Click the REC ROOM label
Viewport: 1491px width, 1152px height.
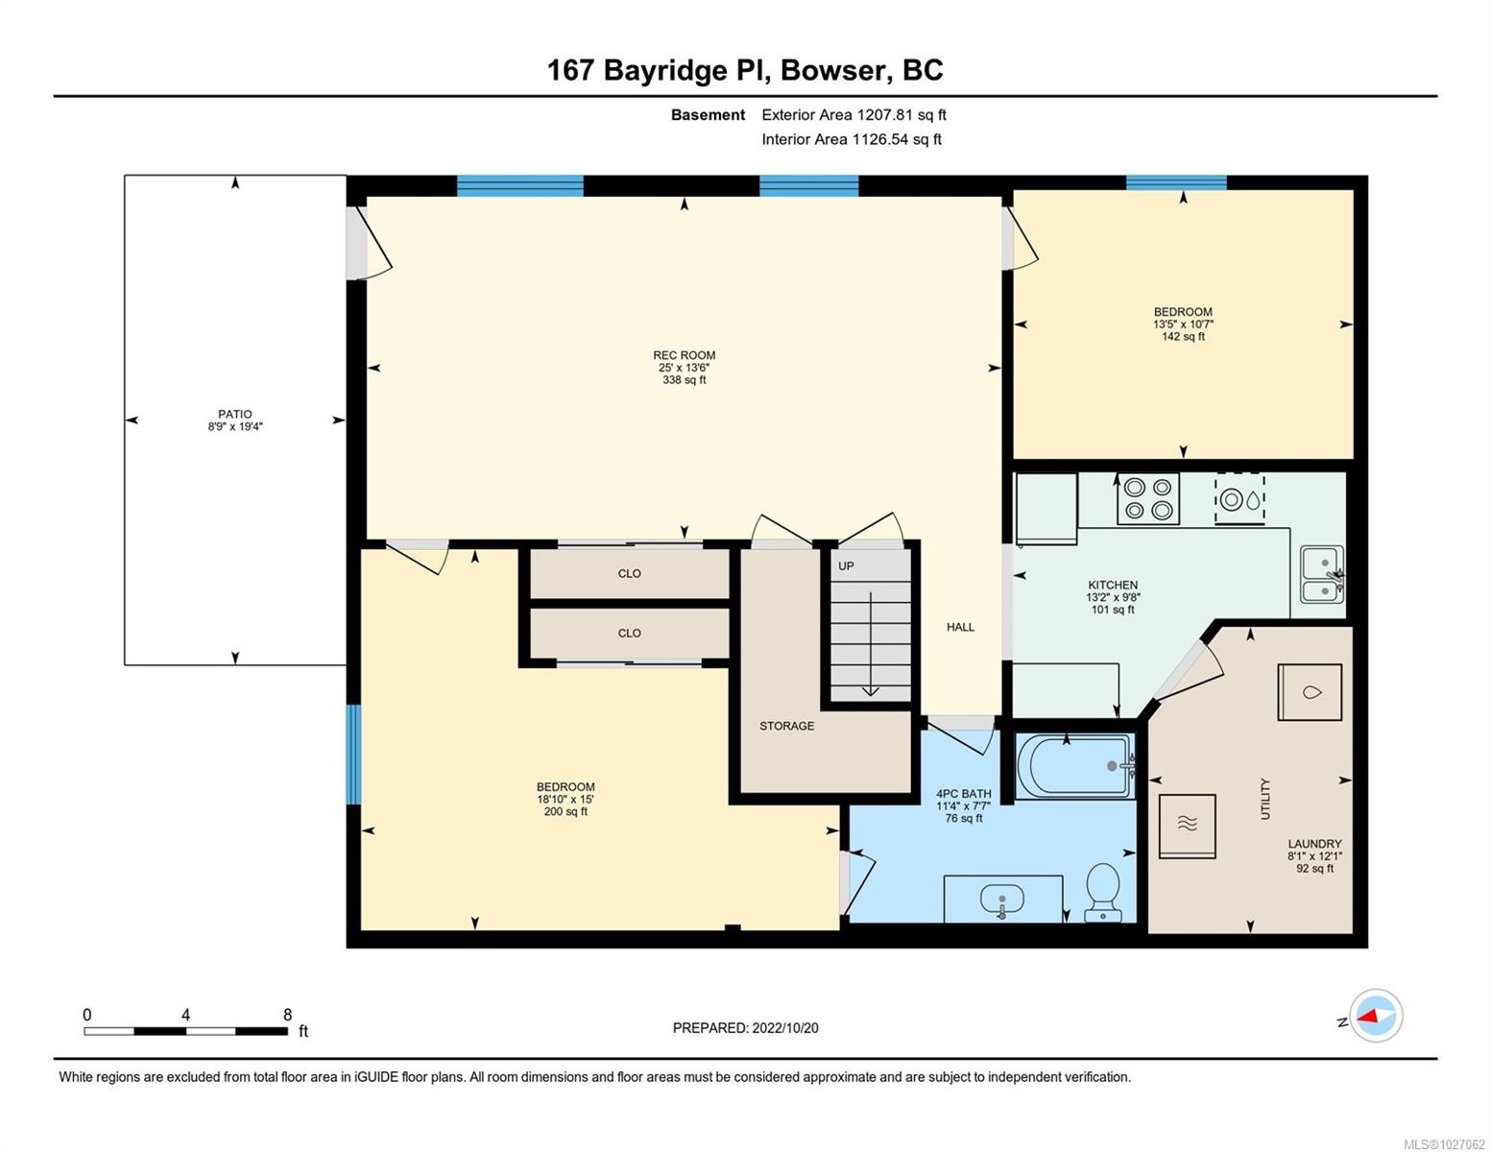pos(684,355)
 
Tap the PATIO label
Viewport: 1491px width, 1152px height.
pos(234,415)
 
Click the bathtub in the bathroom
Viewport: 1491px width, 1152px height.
pos(1073,765)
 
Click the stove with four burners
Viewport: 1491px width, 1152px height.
pos(1147,499)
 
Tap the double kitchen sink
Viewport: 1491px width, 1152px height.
pos(1321,574)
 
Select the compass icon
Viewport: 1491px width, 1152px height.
pos(1376,1016)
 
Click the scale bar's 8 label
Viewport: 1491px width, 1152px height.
pos(287,1015)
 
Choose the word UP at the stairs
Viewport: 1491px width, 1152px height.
pos(846,566)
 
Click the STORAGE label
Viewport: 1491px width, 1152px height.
pos(786,726)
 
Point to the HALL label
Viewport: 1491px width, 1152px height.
pos(960,627)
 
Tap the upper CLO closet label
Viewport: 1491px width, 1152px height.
pos(629,573)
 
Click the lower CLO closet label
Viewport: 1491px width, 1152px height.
pos(629,633)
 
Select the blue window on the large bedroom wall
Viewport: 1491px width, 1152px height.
pos(353,755)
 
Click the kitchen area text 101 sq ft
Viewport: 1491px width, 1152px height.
pos(1113,610)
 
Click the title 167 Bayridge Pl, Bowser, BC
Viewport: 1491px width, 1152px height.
pos(745,70)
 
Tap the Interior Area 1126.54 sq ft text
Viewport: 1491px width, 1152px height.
pos(851,139)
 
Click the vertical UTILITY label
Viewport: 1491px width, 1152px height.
pos(1265,799)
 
